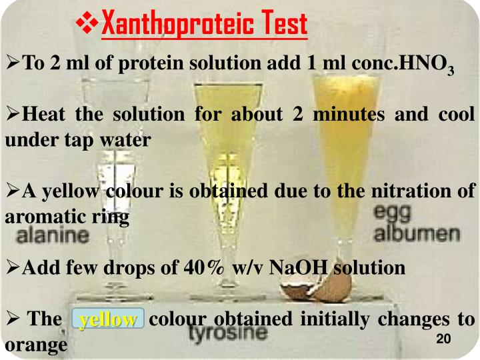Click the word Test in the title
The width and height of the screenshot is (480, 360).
(279, 25)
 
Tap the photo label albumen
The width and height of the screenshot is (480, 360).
(417, 234)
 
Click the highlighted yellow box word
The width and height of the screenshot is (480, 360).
(108, 320)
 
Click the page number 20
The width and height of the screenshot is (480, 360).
(443, 339)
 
